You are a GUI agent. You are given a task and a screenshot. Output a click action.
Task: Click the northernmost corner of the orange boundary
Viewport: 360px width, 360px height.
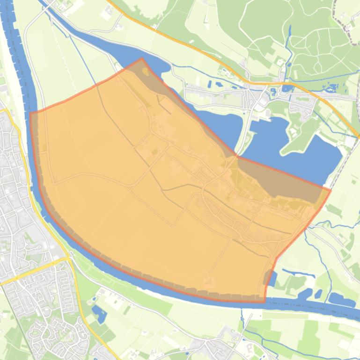(142, 58)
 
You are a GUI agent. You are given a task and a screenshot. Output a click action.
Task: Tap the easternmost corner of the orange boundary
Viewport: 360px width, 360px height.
(331, 190)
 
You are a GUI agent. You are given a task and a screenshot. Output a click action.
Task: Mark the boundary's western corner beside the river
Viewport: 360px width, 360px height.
(30, 113)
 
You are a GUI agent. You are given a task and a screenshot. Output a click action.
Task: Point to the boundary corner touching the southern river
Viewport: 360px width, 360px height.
(264, 302)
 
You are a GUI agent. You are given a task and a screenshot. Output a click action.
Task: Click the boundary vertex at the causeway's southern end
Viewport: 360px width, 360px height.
(236, 156)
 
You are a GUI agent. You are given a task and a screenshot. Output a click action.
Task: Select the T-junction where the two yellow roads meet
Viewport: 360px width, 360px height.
(66, 259)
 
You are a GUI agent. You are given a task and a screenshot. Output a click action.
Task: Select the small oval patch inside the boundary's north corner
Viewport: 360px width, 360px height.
(146, 72)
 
